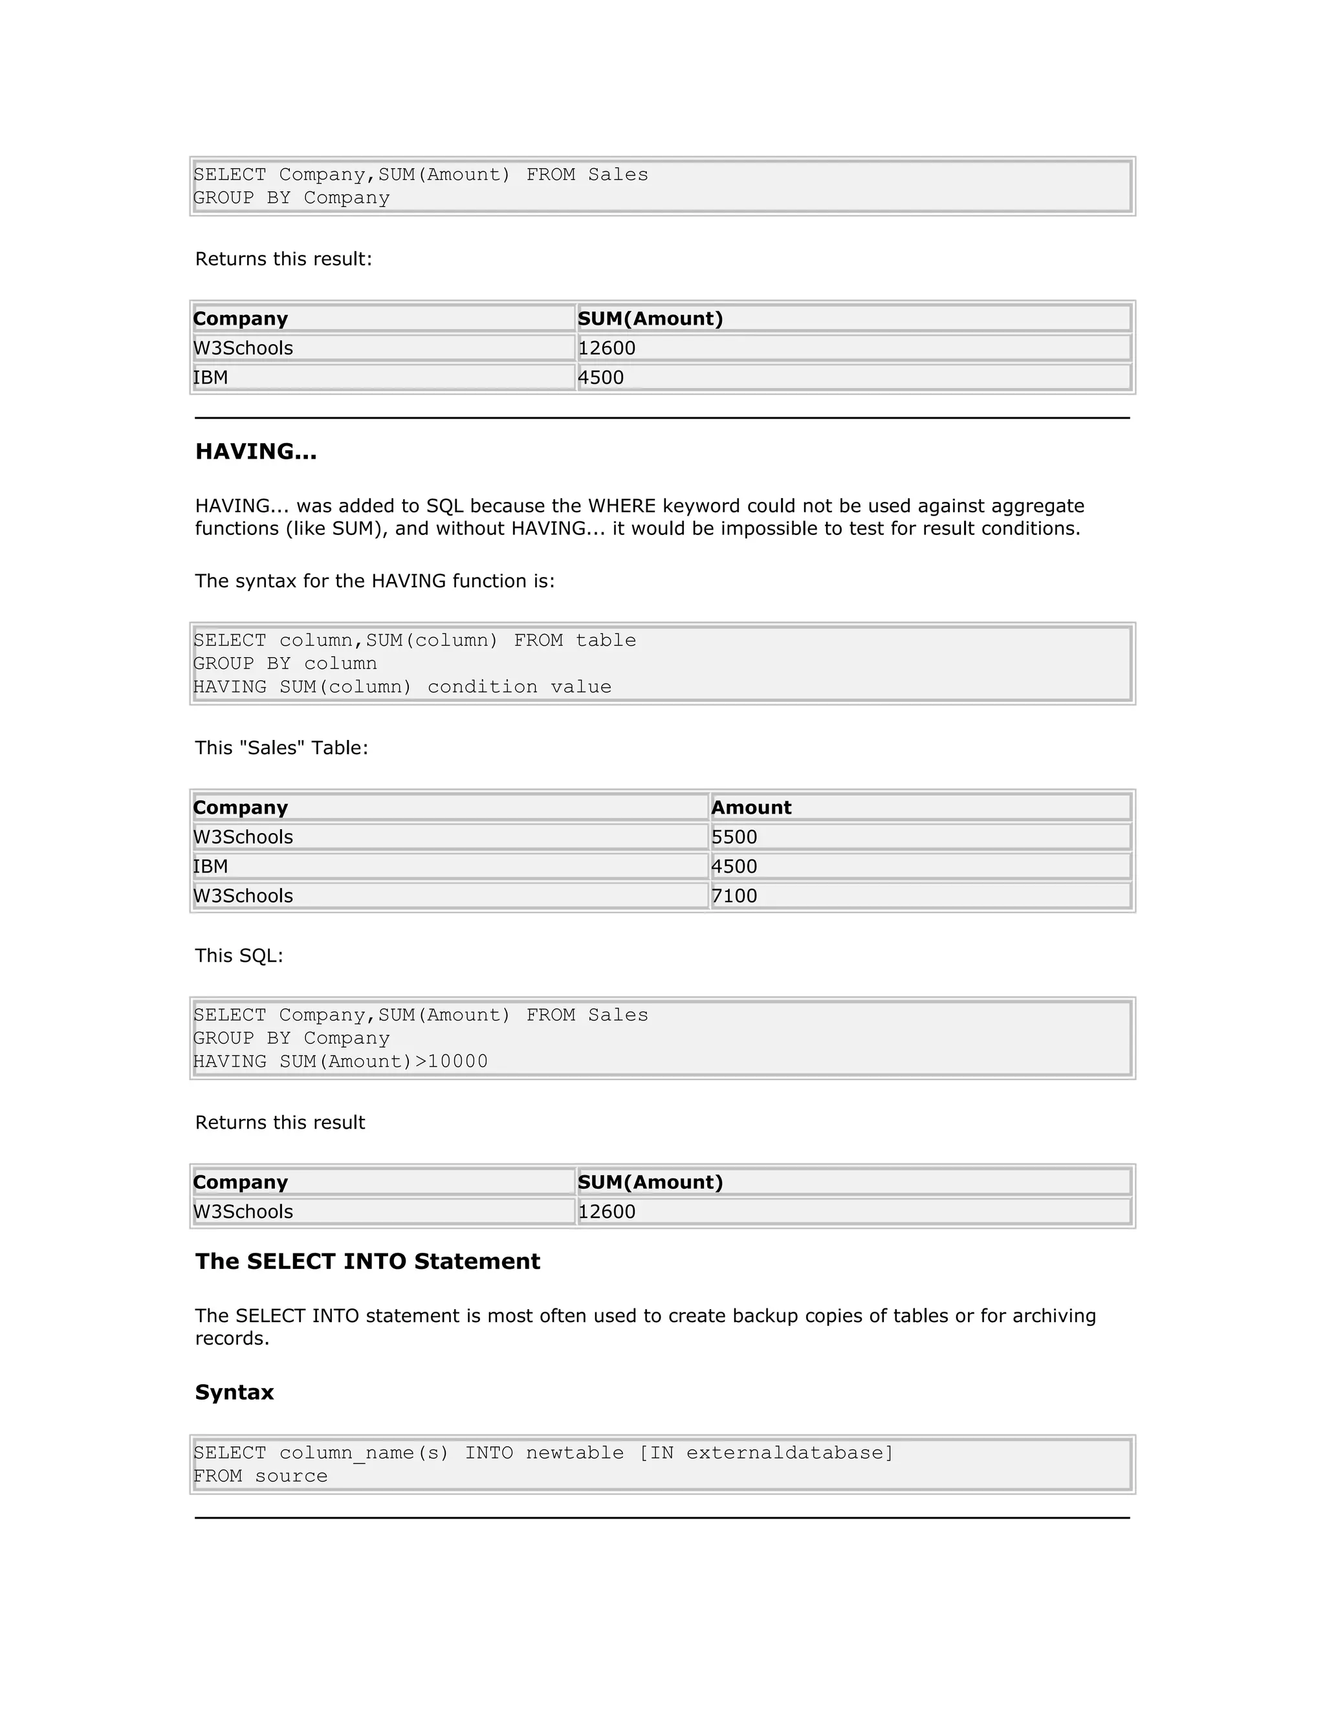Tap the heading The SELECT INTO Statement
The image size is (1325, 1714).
pos(367,1261)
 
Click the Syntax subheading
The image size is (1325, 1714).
pos(234,1393)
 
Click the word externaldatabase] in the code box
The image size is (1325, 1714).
pos(790,1453)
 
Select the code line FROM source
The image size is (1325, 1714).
pos(261,1476)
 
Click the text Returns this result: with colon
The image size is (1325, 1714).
pos(283,259)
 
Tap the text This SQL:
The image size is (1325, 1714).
pos(239,956)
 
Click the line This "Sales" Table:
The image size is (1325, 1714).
pos(281,748)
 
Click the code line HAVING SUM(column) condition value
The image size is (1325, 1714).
pos(402,687)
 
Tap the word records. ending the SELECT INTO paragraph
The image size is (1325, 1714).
pos(232,1339)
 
